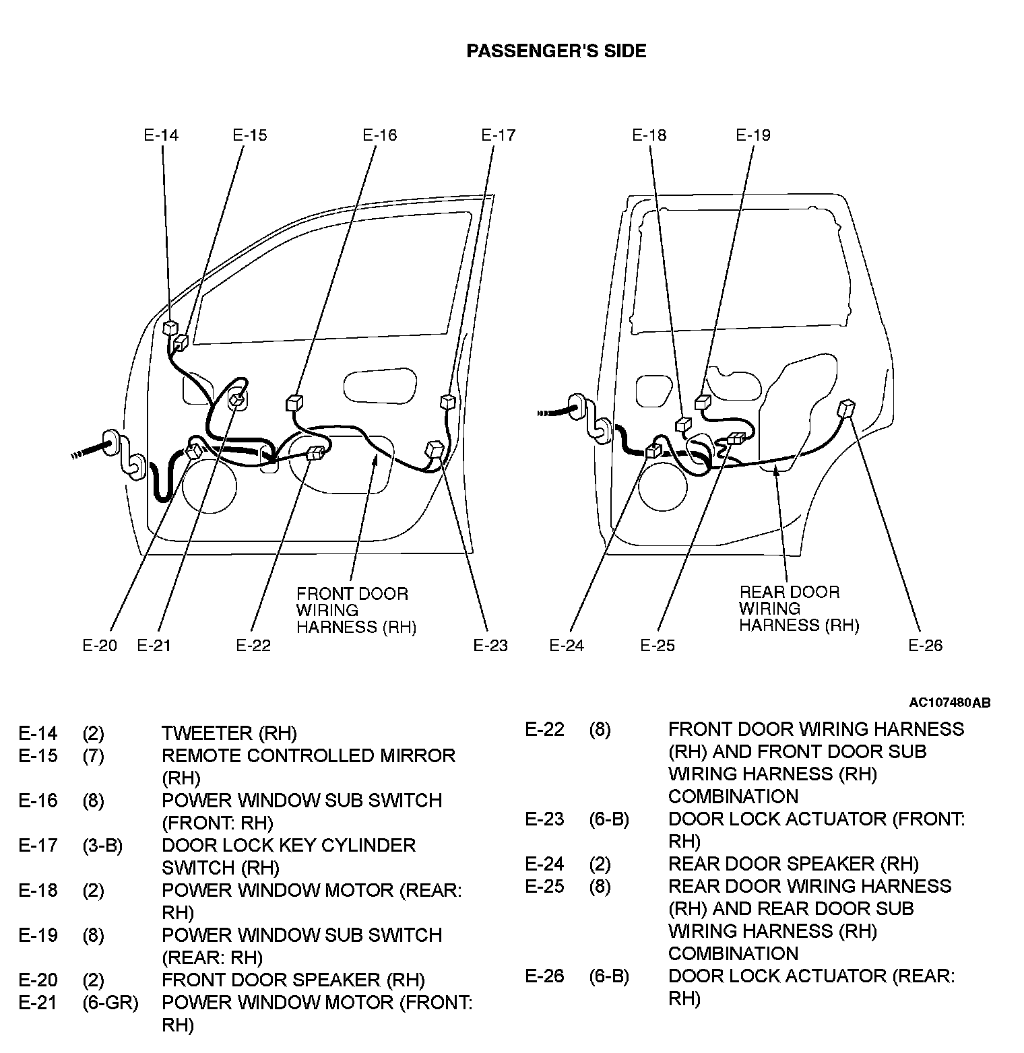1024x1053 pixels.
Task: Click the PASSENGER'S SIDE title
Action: click(556, 51)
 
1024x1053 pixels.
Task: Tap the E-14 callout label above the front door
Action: click(161, 135)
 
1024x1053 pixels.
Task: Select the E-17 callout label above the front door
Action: click(499, 135)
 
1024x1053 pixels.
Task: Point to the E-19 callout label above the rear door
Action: click(753, 135)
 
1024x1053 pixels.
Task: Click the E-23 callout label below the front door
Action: click(490, 646)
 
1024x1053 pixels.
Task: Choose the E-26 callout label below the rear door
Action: click(925, 646)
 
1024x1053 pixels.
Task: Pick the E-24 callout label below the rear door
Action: click(567, 646)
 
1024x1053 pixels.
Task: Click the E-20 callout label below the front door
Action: click(100, 646)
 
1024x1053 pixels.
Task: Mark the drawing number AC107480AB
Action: click(949, 703)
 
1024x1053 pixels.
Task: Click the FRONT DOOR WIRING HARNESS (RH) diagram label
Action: click(356, 611)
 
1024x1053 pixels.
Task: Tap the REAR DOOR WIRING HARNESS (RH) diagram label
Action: click(798, 609)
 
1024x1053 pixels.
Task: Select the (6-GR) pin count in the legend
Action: click(110, 1003)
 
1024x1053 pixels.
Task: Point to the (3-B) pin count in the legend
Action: click(102, 846)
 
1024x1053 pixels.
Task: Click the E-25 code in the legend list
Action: click(544, 886)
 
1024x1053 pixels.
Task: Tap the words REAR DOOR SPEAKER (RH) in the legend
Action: click(793, 864)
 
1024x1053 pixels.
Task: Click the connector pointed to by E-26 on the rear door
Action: click(846, 408)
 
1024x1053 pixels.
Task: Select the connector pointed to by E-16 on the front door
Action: click(294, 403)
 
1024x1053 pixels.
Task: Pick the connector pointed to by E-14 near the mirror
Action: click(170, 328)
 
